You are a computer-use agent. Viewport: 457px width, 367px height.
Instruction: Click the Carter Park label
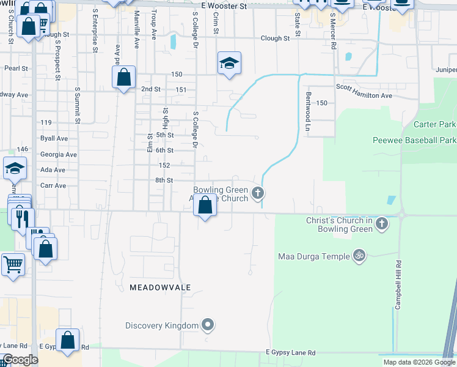point(434,124)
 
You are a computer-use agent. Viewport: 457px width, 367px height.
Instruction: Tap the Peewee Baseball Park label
point(414,140)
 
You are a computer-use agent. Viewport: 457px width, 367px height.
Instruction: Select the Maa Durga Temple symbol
point(359,256)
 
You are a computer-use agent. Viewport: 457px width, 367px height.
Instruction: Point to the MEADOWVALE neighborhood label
point(160,287)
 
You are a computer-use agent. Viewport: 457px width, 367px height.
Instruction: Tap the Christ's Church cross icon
point(382,223)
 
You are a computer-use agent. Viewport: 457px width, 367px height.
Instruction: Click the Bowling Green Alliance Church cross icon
point(258,194)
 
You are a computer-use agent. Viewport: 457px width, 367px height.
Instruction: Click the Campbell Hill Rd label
point(398,284)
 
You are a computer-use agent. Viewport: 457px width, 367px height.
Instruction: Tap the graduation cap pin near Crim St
point(229,63)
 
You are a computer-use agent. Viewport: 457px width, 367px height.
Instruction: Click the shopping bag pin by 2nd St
point(123,78)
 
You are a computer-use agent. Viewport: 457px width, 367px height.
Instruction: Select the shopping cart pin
point(13,265)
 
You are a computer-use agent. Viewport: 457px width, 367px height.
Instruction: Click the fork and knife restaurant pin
point(22,218)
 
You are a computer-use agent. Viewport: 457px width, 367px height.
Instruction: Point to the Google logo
point(21,360)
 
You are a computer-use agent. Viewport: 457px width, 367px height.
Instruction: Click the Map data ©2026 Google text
point(419,362)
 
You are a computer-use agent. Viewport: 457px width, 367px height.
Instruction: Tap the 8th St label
point(164,180)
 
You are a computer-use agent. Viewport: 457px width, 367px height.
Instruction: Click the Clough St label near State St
point(274,38)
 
